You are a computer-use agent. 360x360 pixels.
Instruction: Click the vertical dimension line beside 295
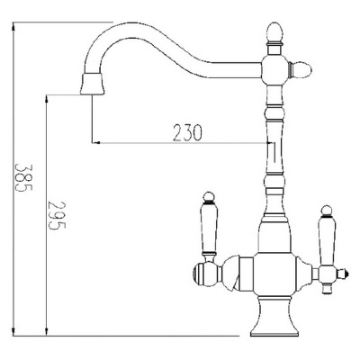tap(42, 216)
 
